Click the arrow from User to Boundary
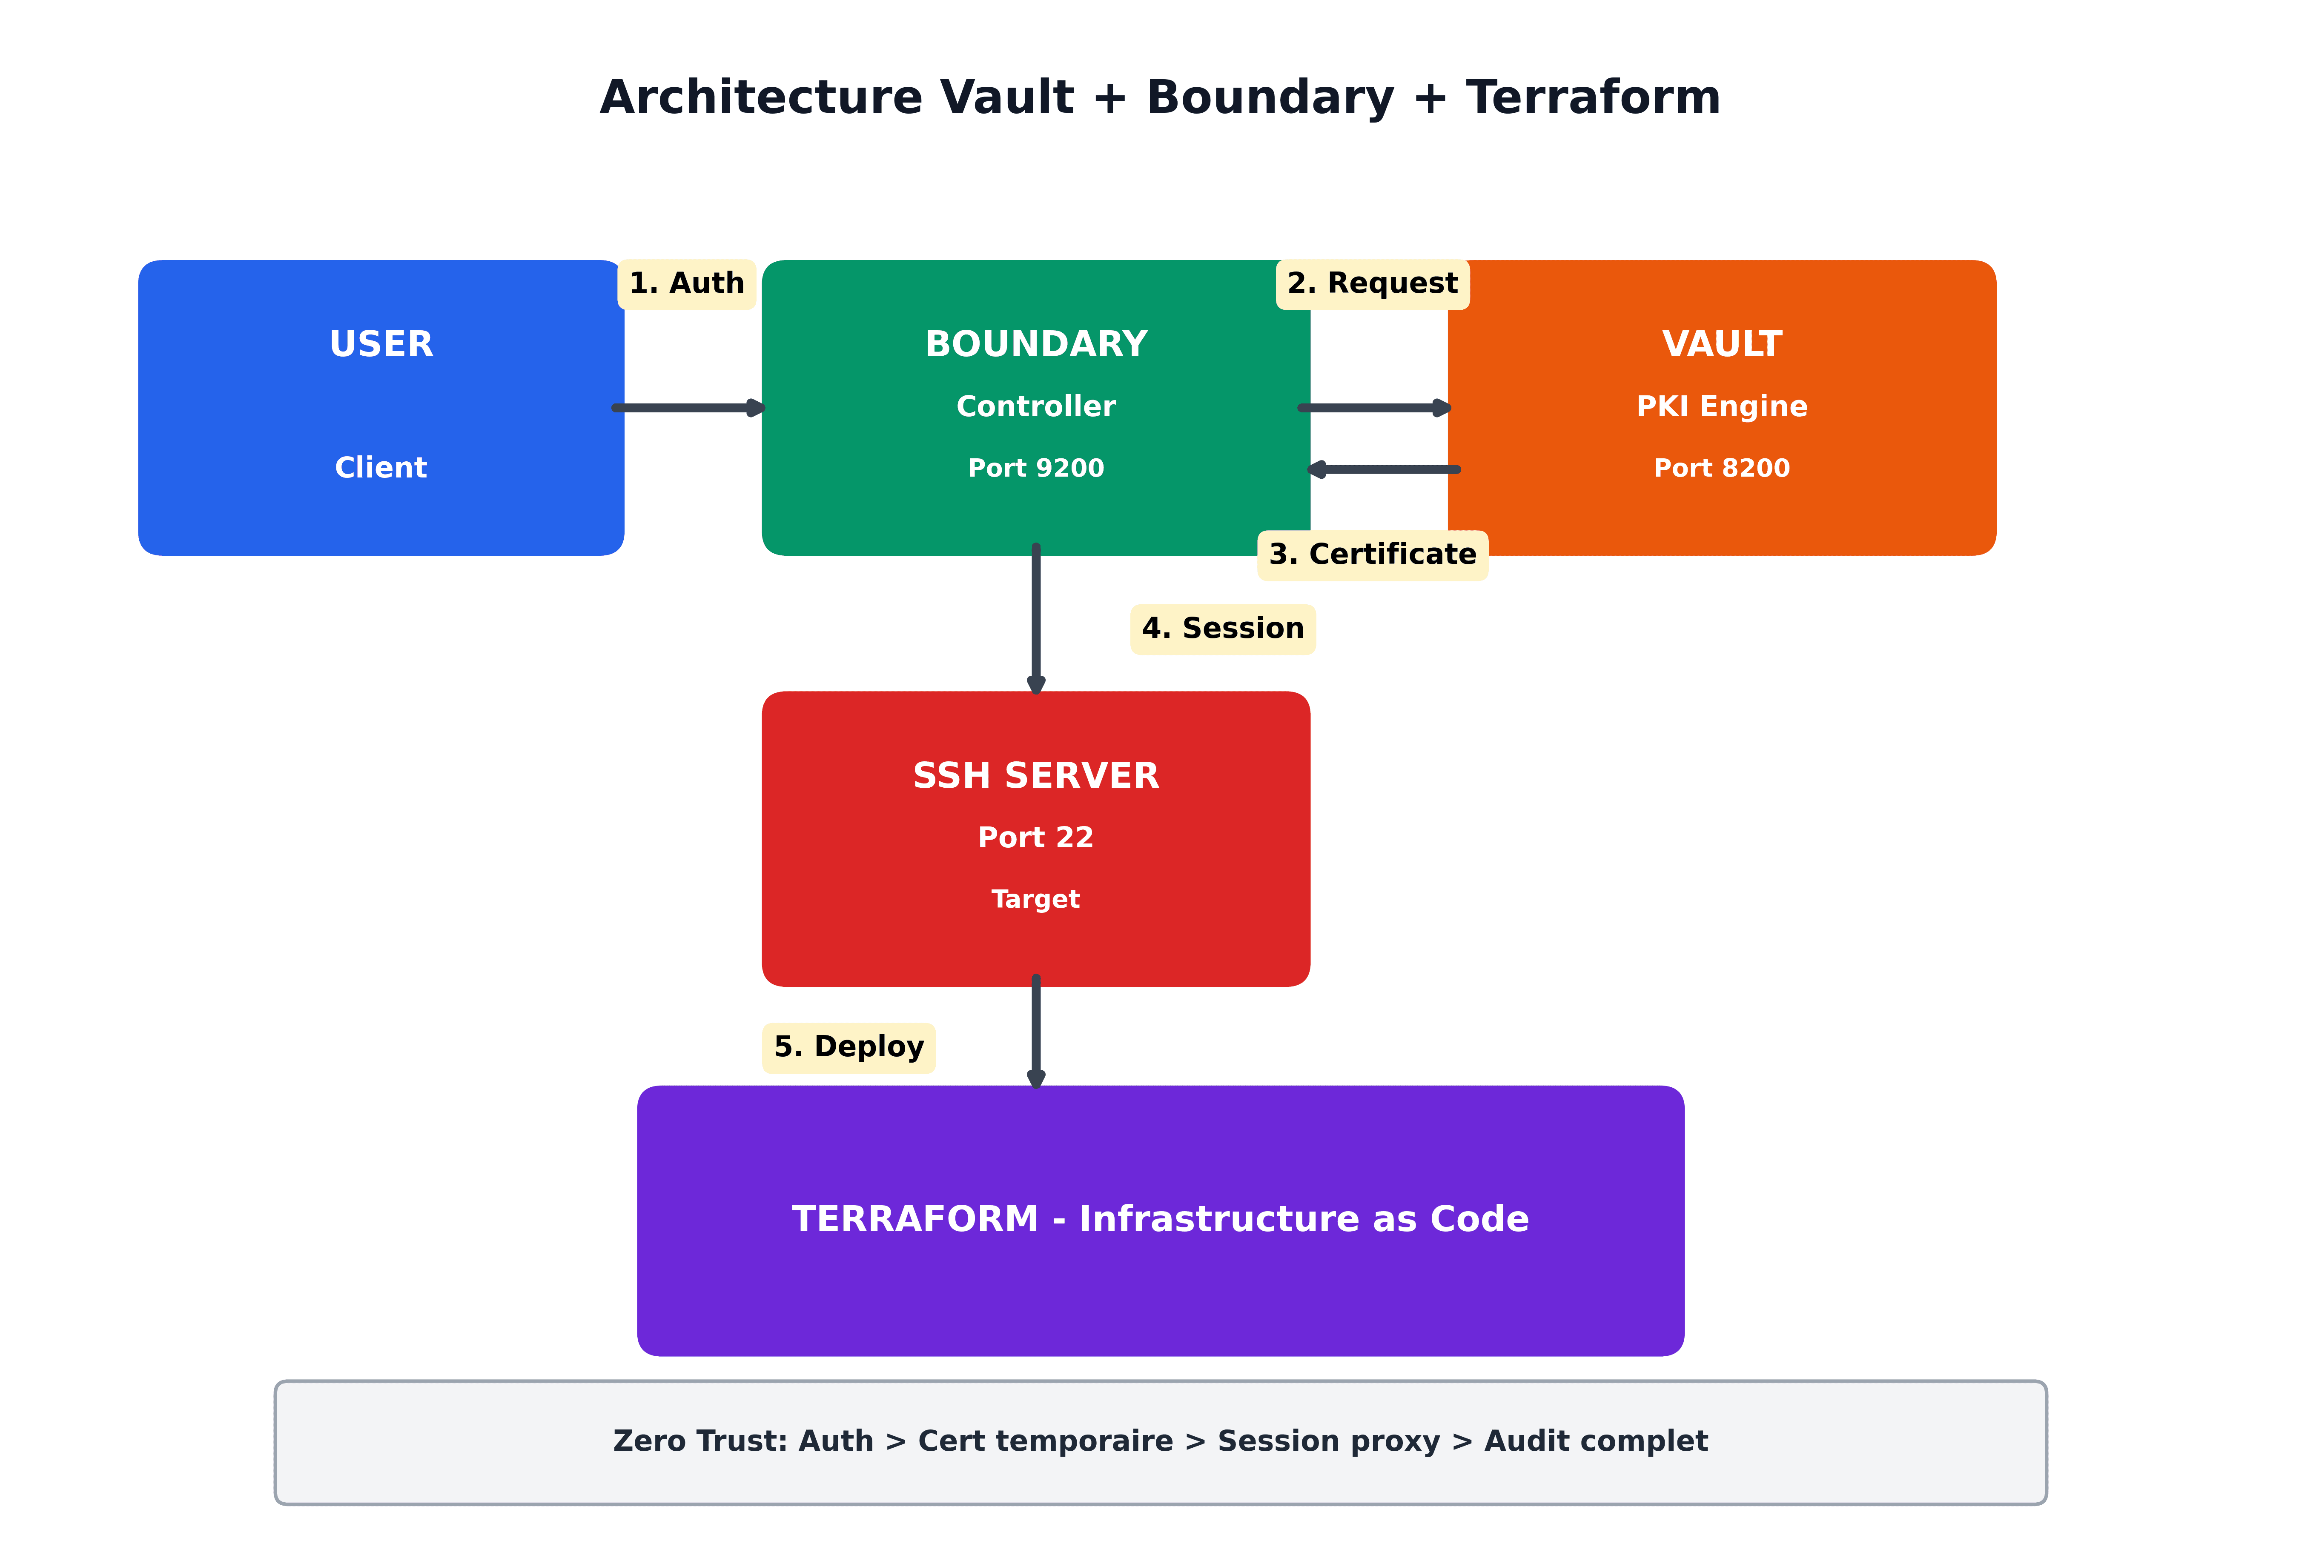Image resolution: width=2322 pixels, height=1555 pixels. (689, 408)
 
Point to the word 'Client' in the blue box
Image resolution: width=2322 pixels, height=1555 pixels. (381, 468)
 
